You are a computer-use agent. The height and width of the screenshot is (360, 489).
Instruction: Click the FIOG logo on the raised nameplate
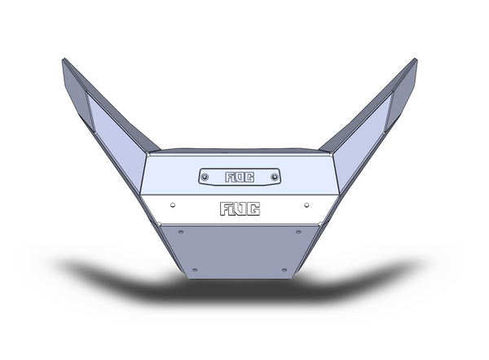point(240,176)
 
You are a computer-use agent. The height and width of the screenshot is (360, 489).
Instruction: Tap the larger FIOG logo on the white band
point(240,209)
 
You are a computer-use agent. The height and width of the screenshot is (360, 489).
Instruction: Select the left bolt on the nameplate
point(205,176)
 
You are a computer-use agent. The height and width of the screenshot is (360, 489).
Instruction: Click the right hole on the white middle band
point(307,204)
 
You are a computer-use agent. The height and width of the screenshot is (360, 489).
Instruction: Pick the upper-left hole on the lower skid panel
point(180,230)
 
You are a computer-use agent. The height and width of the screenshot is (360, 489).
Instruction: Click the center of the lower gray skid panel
point(240,248)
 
